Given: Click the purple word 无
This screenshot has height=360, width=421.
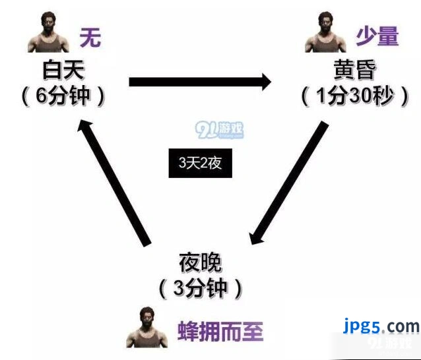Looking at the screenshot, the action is click(90, 38).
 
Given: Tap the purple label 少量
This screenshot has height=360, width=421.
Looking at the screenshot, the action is click(377, 36).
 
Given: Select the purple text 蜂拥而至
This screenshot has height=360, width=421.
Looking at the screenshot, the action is click(220, 331).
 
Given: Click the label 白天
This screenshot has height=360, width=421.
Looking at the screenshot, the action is click(63, 70).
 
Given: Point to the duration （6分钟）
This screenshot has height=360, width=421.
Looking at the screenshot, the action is click(63, 96).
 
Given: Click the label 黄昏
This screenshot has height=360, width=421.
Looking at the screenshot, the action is click(354, 70).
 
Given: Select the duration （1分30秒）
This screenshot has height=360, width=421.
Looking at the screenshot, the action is click(355, 96).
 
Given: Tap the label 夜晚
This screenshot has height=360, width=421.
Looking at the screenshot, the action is click(201, 262).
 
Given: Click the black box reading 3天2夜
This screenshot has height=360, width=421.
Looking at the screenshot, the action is click(201, 163).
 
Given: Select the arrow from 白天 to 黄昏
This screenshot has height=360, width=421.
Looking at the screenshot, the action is click(201, 82).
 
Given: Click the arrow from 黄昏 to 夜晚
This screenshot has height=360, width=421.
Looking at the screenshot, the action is click(288, 183).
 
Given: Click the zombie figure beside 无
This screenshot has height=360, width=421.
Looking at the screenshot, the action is click(48, 32).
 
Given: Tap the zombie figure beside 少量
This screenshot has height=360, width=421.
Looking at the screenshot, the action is click(326, 32).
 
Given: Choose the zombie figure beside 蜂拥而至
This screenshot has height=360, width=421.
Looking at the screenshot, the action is click(147, 327).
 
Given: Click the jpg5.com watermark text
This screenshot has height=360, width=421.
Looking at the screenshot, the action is click(381, 326).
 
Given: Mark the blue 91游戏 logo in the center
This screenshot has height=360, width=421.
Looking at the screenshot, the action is click(220, 130).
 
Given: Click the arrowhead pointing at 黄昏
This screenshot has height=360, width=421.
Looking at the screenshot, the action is click(267, 82).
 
